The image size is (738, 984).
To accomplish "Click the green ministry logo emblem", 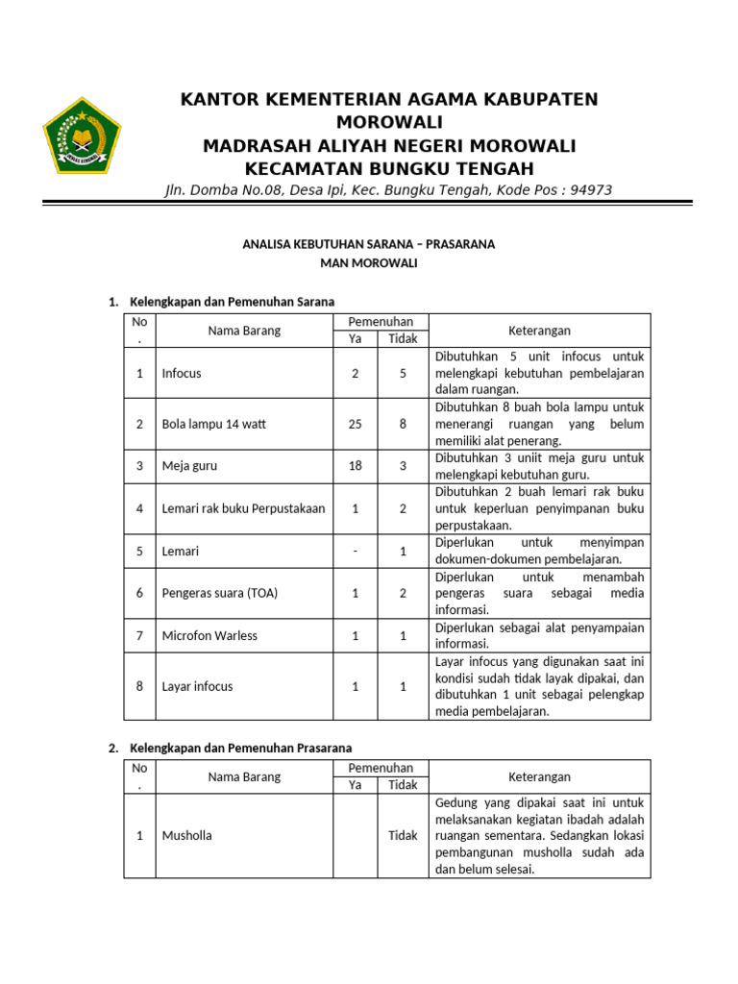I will coord(82,135).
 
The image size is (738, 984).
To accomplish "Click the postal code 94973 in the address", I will coord(591,190).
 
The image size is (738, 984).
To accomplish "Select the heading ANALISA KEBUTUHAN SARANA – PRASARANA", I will coord(369,244).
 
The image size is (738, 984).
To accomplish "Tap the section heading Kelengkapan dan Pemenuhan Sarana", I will coord(232,303).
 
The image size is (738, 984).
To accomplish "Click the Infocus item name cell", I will coord(182,373).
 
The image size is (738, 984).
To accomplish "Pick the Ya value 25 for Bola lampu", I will coord(355,424).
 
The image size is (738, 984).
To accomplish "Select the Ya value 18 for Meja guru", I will coord(355,466).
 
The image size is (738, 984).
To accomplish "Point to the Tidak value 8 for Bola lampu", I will coord(403,424).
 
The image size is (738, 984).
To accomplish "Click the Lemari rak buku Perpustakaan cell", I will coord(243,508).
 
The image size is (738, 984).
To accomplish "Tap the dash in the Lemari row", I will coord(355,552).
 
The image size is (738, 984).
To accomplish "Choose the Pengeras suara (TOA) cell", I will coord(220,593).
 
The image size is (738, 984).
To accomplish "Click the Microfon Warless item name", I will coord(209,635).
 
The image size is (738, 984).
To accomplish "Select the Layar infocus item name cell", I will coord(197,686).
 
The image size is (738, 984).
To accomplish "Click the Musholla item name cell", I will coord(187,835).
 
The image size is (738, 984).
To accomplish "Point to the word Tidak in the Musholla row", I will coord(403,835).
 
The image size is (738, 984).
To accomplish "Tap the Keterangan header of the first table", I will coord(539,331).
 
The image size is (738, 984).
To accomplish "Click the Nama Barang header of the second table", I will coord(244,776).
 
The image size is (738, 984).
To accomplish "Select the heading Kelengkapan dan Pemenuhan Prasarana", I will coord(240,748).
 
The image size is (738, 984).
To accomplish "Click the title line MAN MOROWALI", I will coord(369,262).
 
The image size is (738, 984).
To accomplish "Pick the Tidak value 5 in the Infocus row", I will coord(403,373).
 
